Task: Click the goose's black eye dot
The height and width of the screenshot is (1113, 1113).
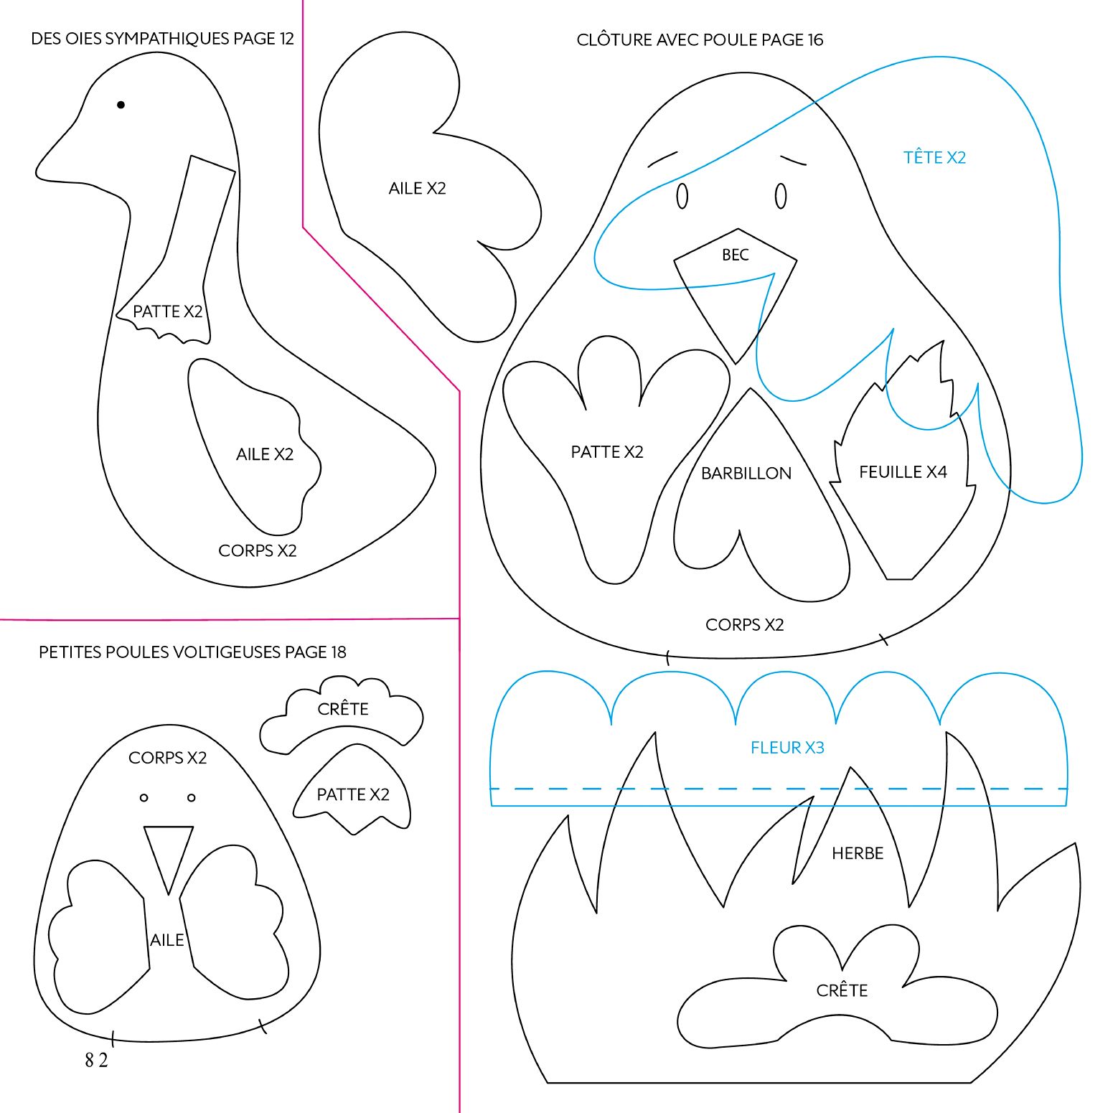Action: [121, 105]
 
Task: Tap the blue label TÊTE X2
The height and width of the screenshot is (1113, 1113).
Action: [934, 157]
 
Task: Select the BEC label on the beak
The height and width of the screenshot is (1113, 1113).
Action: [736, 255]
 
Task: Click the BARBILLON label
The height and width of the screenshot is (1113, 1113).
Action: [746, 474]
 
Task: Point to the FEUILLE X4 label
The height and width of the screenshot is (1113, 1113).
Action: [903, 472]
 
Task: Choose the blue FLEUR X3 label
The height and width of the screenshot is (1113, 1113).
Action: [787, 748]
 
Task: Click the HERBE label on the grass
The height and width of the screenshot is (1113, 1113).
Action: [858, 853]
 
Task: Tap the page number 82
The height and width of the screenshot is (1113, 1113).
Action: [96, 1060]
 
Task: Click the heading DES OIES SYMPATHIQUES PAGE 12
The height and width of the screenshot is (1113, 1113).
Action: [162, 39]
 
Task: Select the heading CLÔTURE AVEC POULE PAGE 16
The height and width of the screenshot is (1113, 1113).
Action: [700, 40]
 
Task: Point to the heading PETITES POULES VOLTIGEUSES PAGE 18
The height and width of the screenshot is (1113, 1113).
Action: [192, 652]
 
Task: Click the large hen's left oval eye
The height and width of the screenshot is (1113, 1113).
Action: [682, 196]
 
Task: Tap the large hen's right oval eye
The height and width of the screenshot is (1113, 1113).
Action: [781, 196]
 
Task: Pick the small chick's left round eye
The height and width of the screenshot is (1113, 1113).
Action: [144, 798]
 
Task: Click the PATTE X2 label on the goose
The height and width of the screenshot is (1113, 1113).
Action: [168, 311]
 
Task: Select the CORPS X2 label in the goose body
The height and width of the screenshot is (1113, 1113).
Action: [257, 550]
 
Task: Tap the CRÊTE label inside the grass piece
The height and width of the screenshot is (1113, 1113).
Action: [842, 991]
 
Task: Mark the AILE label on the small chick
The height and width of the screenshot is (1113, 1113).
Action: [167, 940]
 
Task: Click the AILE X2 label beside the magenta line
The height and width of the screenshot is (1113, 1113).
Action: [417, 189]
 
